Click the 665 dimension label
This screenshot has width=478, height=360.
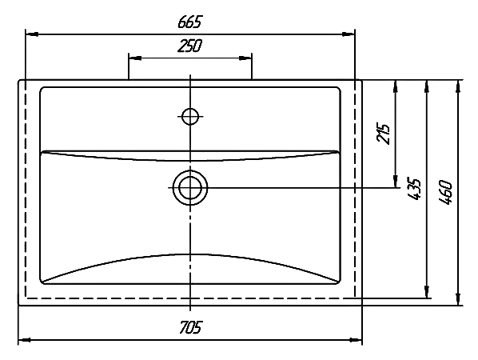pyautogui.click(x=189, y=22)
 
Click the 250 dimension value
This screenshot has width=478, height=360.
pyautogui.click(x=189, y=46)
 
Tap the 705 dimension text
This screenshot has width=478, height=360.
pyautogui.click(x=190, y=328)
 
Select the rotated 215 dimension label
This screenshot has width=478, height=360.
pyautogui.click(x=383, y=134)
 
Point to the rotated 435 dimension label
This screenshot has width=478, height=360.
pyautogui.click(x=414, y=189)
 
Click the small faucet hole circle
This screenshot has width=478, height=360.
pyautogui.click(x=190, y=116)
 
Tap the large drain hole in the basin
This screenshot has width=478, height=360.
pyautogui.click(x=190, y=188)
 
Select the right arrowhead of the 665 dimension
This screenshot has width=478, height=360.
pyautogui.click(x=349, y=34)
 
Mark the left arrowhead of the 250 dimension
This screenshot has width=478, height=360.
pyautogui.click(x=135, y=58)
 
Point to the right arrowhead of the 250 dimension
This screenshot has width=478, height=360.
pyautogui.click(x=245, y=58)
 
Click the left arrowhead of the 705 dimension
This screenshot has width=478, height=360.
pyautogui.click(x=25, y=339)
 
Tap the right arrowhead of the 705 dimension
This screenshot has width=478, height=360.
pyautogui.click(x=356, y=339)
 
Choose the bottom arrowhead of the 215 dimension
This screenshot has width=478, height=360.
pyautogui.click(x=396, y=182)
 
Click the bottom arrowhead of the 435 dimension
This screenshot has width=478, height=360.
pyautogui.click(x=427, y=291)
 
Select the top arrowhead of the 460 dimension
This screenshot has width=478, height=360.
pyautogui.click(x=457, y=86)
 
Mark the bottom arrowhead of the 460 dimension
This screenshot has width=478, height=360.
pyautogui.click(x=457, y=298)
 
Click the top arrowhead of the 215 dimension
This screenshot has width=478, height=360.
pyautogui.click(x=396, y=86)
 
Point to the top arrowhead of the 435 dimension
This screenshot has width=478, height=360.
pyautogui.click(x=427, y=86)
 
